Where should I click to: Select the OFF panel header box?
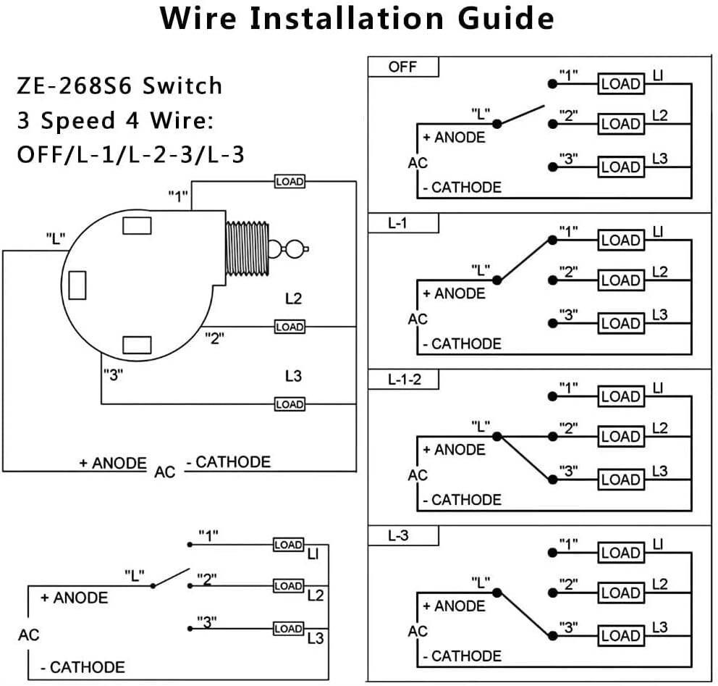pos(403,67)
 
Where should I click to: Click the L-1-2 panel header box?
pos(403,380)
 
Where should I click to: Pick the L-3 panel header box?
pos(403,536)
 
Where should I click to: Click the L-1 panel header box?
pos(403,224)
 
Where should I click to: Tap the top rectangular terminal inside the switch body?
pos(137,226)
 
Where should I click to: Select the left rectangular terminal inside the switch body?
pos(77,284)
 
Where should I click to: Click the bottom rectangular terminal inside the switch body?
pos(137,345)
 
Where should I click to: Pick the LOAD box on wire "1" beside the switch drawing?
pos(290,181)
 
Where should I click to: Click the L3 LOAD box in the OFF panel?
pos(620,167)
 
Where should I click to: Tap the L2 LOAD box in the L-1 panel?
pos(620,280)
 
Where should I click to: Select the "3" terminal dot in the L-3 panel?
pos(553,635)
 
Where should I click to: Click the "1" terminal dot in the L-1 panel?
pos(553,240)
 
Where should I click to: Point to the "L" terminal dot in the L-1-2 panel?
pos(497,436)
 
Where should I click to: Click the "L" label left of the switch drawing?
pos(56,238)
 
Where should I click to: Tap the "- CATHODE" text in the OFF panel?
pos(462,188)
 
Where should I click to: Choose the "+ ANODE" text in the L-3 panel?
pos(454,606)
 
